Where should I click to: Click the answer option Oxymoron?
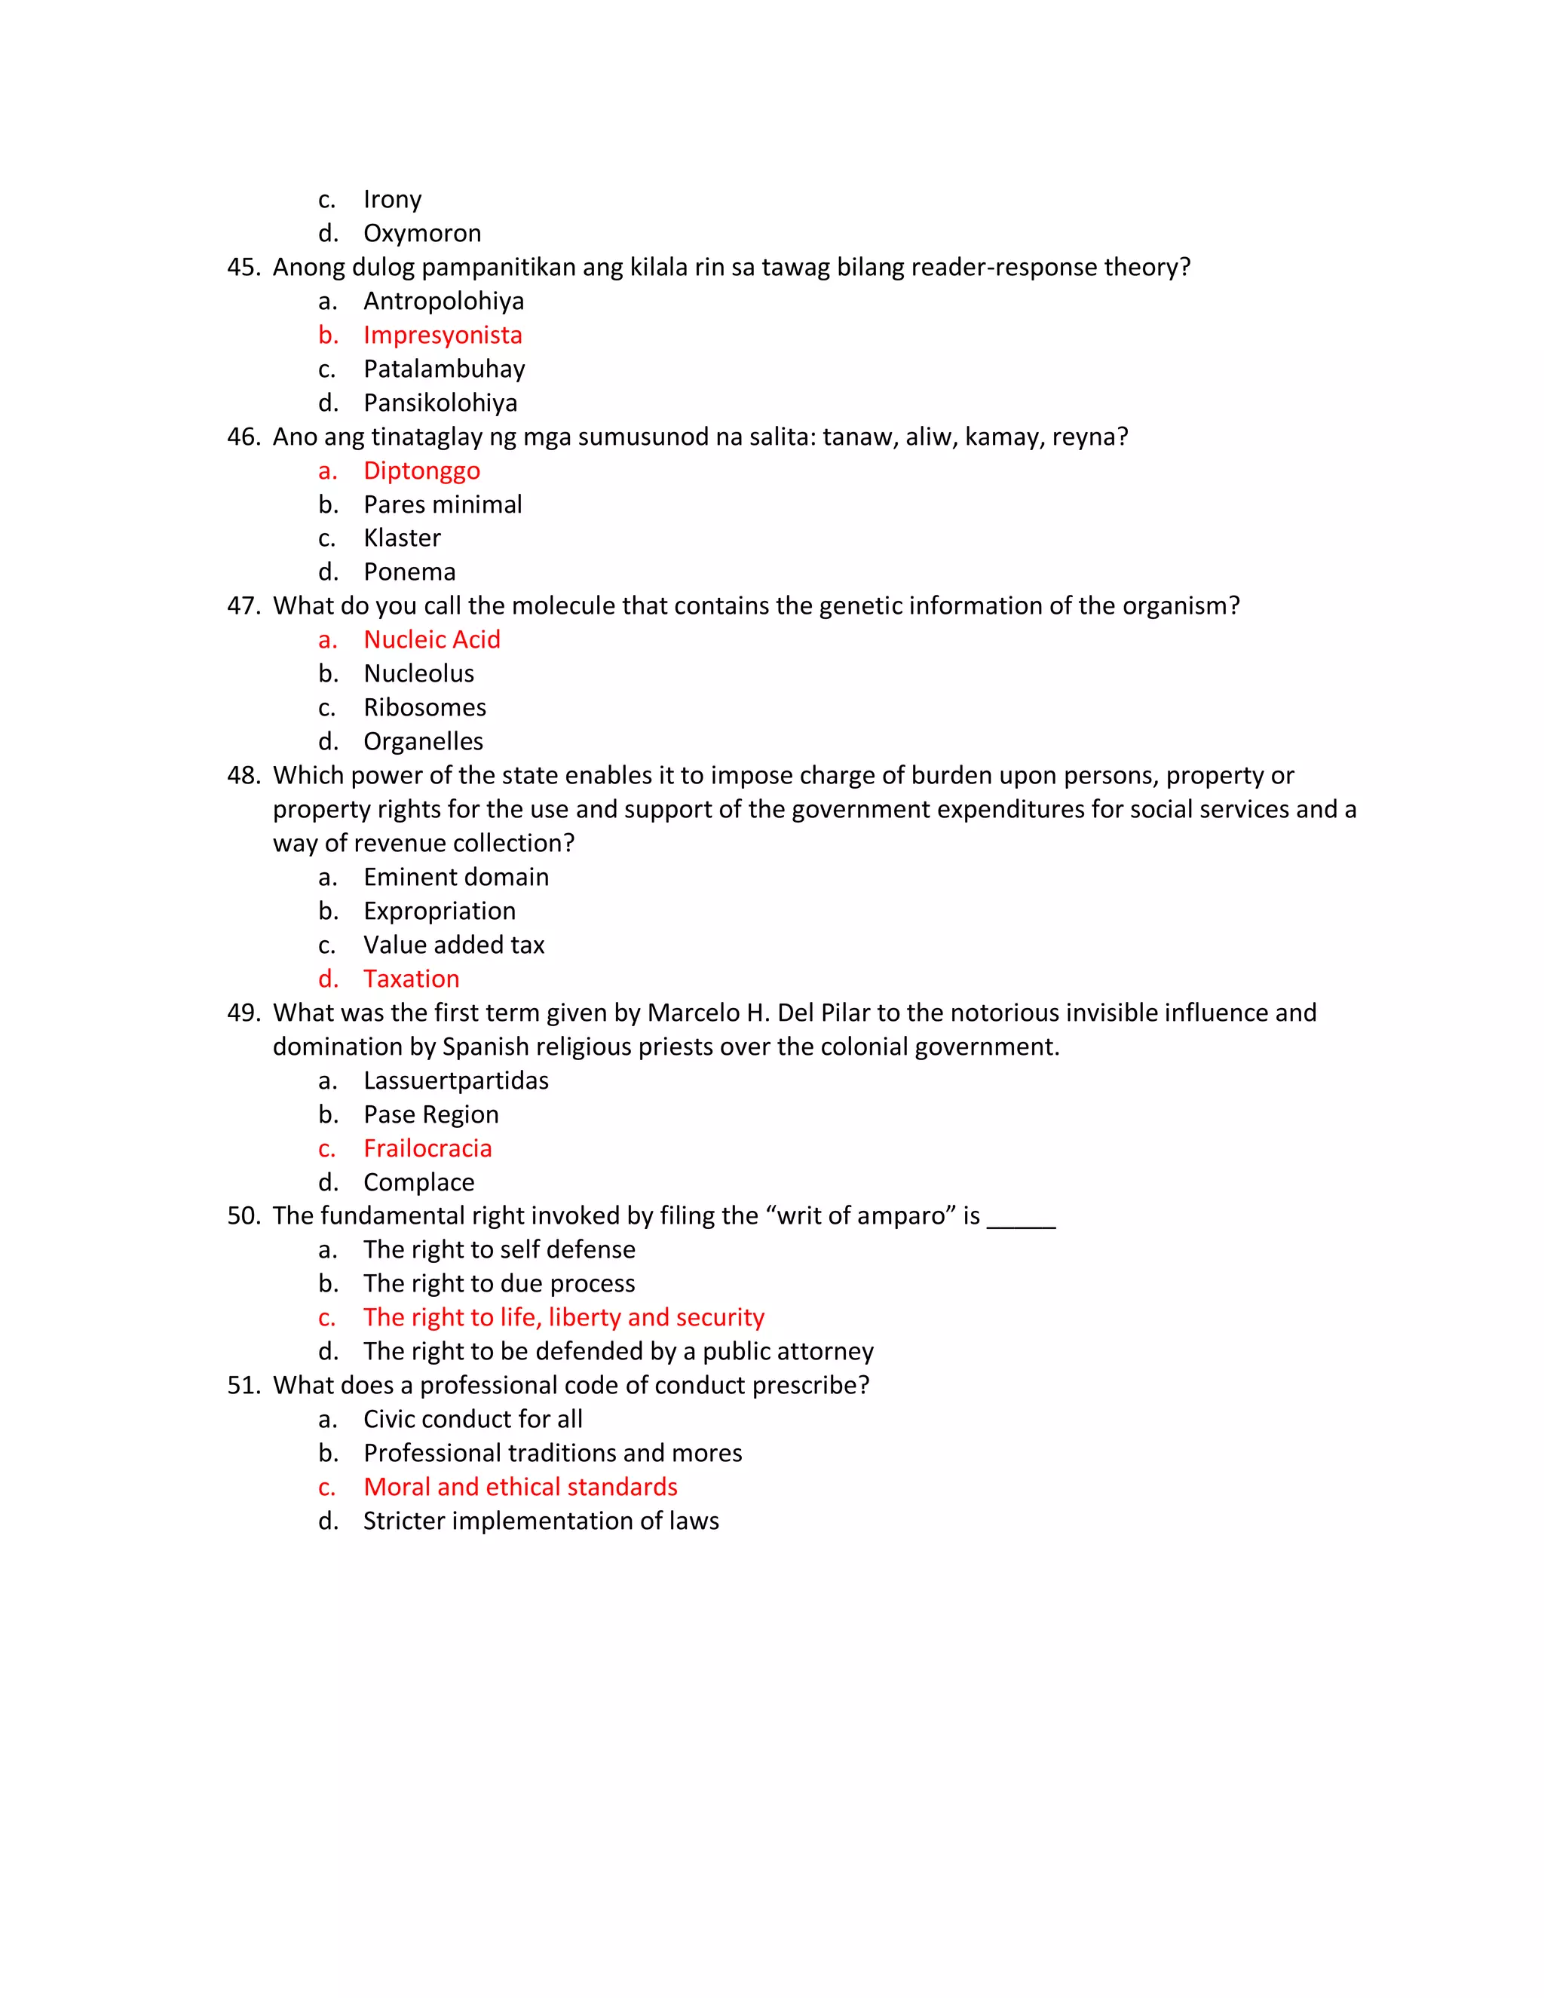click(x=421, y=233)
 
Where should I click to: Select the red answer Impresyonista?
click(x=443, y=335)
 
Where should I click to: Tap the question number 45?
click(x=244, y=267)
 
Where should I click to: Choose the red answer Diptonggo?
click(x=421, y=470)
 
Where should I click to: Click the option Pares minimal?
click(x=443, y=504)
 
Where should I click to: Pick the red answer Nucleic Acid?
click(x=432, y=639)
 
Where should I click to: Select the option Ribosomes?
click(x=424, y=707)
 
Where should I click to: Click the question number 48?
click(x=244, y=776)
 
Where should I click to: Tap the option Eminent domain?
click(x=455, y=878)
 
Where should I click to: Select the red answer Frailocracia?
click(x=427, y=1148)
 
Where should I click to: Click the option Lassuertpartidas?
click(x=455, y=1080)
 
